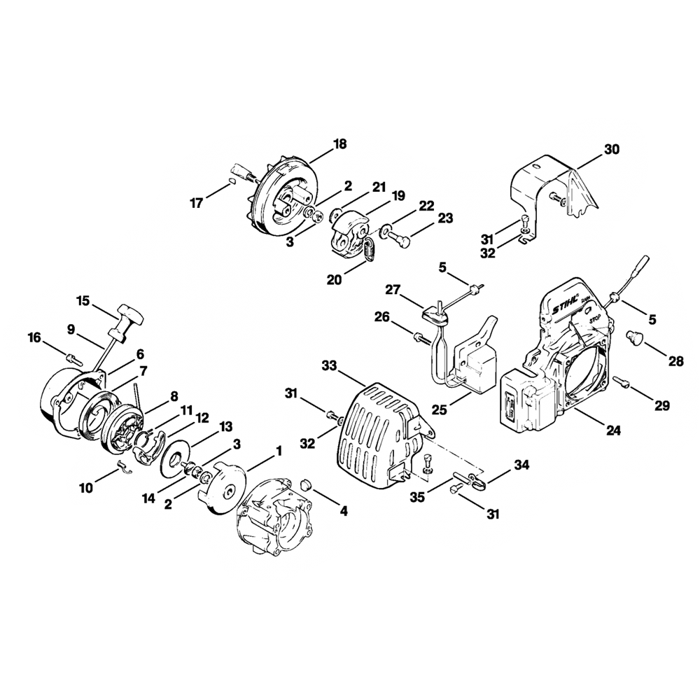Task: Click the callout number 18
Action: pos(339,144)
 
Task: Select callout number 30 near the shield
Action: pos(611,149)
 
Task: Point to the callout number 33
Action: pos(329,365)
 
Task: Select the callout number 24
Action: pos(613,431)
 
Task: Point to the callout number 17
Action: pos(196,203)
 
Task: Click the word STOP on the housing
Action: pos(594,318)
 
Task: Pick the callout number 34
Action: pos(521,465)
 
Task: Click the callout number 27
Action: pos(393,289)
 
